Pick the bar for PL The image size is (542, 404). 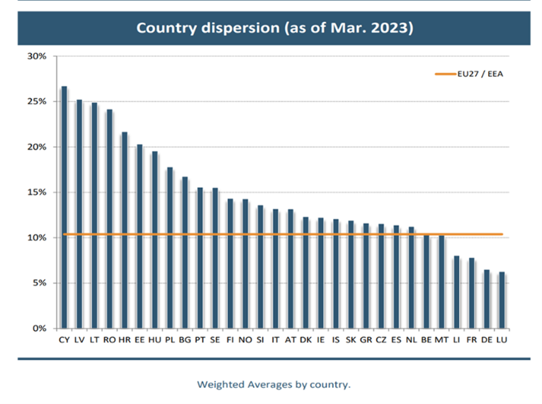[170, 247]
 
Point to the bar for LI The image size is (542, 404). [457, 292]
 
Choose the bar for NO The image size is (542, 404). [245, 264]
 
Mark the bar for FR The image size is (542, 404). [472, 293]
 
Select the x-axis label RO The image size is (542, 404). [109, 340]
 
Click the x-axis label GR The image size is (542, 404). [366, 340]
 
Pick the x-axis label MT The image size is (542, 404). [441, 340]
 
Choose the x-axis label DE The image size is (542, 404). [487, 340]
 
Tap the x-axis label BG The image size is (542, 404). [185, 340]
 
